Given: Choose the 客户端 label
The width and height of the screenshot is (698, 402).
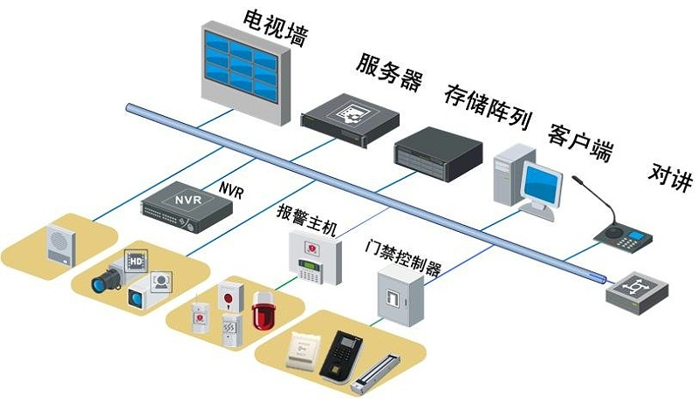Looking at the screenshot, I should click(579, 143).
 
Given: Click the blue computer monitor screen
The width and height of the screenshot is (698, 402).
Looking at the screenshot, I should click(541, 184).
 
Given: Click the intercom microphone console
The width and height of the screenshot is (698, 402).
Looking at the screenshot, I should click(621, 233).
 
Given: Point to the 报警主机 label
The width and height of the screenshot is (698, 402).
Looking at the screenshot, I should click(305, 213).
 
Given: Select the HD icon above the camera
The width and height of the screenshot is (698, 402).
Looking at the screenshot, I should click(135, 260).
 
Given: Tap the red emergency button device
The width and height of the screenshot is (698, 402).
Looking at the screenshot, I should click(229, 298).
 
